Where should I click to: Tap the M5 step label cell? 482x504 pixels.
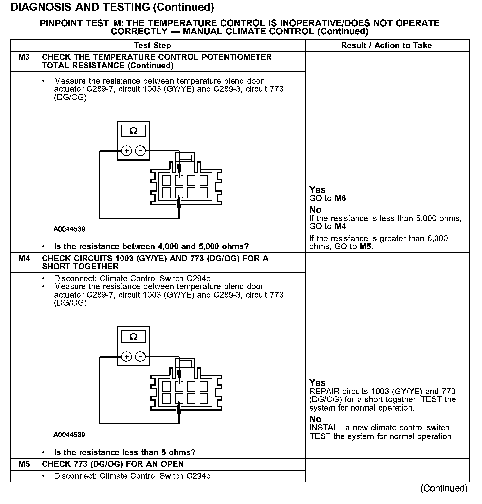coord(24,464)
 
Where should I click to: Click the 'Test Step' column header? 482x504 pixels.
coord(152,46)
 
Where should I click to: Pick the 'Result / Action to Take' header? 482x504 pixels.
coord(386,46)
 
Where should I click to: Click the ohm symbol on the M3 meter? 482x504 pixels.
coord(134,131)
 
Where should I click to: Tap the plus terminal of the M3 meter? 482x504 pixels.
coord(127,151)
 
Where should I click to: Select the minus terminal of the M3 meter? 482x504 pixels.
coord(140,151)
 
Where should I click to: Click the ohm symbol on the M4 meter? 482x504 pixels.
coord(134,337)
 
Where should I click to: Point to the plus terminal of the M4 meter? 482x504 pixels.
coord(127,357)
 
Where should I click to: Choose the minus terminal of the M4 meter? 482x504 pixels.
coord(140,357)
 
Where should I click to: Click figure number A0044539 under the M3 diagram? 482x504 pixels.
coord(69,229)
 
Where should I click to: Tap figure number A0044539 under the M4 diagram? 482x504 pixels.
coord(69,435)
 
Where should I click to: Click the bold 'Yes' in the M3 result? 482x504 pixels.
coord(317,190)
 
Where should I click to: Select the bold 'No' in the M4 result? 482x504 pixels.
coord(315,419)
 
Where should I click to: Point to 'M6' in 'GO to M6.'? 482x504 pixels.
coord(341,198)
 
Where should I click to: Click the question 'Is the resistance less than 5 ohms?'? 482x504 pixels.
coord(124,453)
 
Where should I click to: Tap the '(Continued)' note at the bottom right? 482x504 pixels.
coord(444,488)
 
